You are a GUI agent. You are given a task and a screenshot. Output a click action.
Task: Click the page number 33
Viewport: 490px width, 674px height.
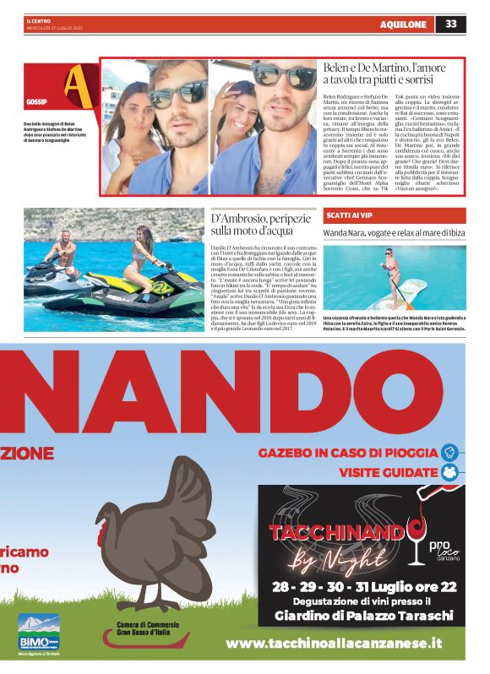(451, 23)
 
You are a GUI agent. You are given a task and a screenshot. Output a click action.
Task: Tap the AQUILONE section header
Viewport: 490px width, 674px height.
(404, 24)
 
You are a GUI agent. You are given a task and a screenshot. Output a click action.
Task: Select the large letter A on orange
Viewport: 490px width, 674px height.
(77, 81)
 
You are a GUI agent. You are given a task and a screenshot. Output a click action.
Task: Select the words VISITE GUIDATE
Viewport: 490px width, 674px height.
(388, 472)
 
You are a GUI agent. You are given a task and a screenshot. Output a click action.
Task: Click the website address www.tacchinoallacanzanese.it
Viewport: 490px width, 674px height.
(334, 644)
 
